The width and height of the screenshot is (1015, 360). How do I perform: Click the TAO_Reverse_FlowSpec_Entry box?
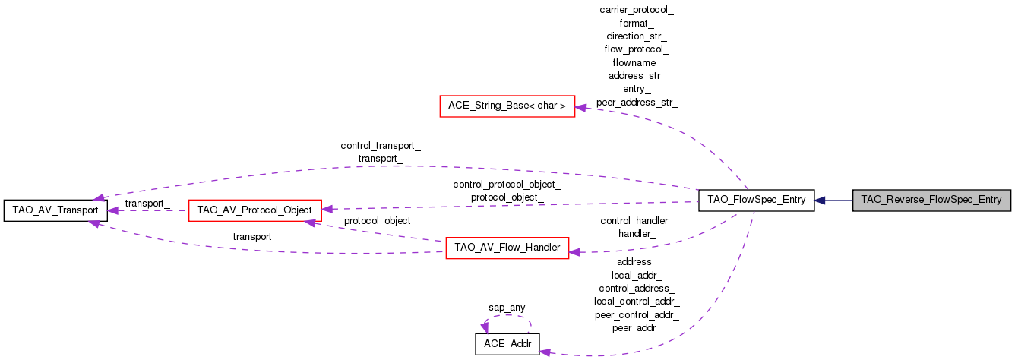click(x=932, y=201)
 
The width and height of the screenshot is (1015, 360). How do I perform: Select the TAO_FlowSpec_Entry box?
click(x=756, y=201)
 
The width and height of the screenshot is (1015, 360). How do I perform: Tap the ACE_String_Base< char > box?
click(x=507, y=106)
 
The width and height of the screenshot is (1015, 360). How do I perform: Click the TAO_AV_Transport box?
click(x=55, y=210)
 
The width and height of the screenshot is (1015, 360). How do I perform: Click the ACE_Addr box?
click(x=507, y=344)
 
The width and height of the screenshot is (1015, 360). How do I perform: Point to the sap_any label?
click(x=506, y=308)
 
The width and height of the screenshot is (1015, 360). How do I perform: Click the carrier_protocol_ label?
click(x=637, y=10)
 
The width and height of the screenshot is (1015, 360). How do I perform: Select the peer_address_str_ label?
click(x=637, y=102)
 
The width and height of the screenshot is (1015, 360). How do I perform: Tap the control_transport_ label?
click(x=381, y=145)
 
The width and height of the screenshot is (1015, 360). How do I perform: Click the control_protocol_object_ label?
click(x=507, y=185)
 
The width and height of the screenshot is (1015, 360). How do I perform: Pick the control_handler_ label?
click(x=637, y=221)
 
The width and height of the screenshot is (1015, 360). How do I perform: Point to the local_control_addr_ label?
click(x=637, y=302)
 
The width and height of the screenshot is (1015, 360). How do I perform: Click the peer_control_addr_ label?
click(x=637, y=314)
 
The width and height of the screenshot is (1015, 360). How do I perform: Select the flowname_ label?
click(x=637, y=62)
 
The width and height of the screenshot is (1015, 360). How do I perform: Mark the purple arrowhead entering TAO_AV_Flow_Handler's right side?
click(x=575, y=251)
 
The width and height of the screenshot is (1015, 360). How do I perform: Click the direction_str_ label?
click(x=637, y=36)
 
